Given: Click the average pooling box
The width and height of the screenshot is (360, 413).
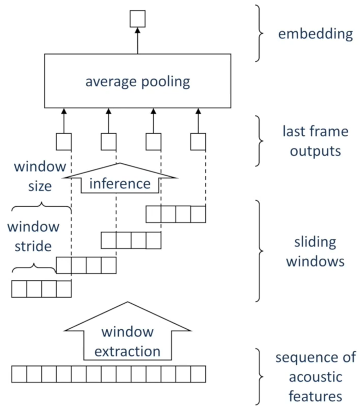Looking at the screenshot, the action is pos(137,81).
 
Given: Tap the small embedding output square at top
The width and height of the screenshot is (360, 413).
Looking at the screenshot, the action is pos(137,19).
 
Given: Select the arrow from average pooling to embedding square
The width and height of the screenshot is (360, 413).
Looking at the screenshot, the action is pos(137,40).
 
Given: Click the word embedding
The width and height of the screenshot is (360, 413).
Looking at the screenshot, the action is pos(316,34).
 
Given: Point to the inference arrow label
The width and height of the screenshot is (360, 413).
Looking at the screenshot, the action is pos(120,184).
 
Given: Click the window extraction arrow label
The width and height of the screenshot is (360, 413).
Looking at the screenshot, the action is pos(128,342).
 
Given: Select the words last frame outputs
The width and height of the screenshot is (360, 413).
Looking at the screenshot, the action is pos(316,141).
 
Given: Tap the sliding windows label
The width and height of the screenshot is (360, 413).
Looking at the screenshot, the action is pos(316,252).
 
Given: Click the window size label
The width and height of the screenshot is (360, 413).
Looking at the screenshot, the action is pos(40,176).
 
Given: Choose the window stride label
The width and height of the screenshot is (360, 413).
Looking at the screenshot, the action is pos(33,236).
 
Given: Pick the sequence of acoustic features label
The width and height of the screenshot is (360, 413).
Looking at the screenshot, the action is pos(316,377).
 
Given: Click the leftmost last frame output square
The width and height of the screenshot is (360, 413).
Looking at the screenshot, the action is pos(64,142).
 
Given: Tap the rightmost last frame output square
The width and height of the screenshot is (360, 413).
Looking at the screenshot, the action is pos(198,142).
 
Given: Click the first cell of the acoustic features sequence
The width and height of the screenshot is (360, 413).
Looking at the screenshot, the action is pos(19,374).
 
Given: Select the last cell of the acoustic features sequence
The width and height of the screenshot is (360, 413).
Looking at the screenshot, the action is pos(198,374).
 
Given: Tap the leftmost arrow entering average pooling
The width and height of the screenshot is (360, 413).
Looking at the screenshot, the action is pos(64,120).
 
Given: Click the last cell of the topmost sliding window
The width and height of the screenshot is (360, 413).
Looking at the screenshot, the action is pos(198,214).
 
